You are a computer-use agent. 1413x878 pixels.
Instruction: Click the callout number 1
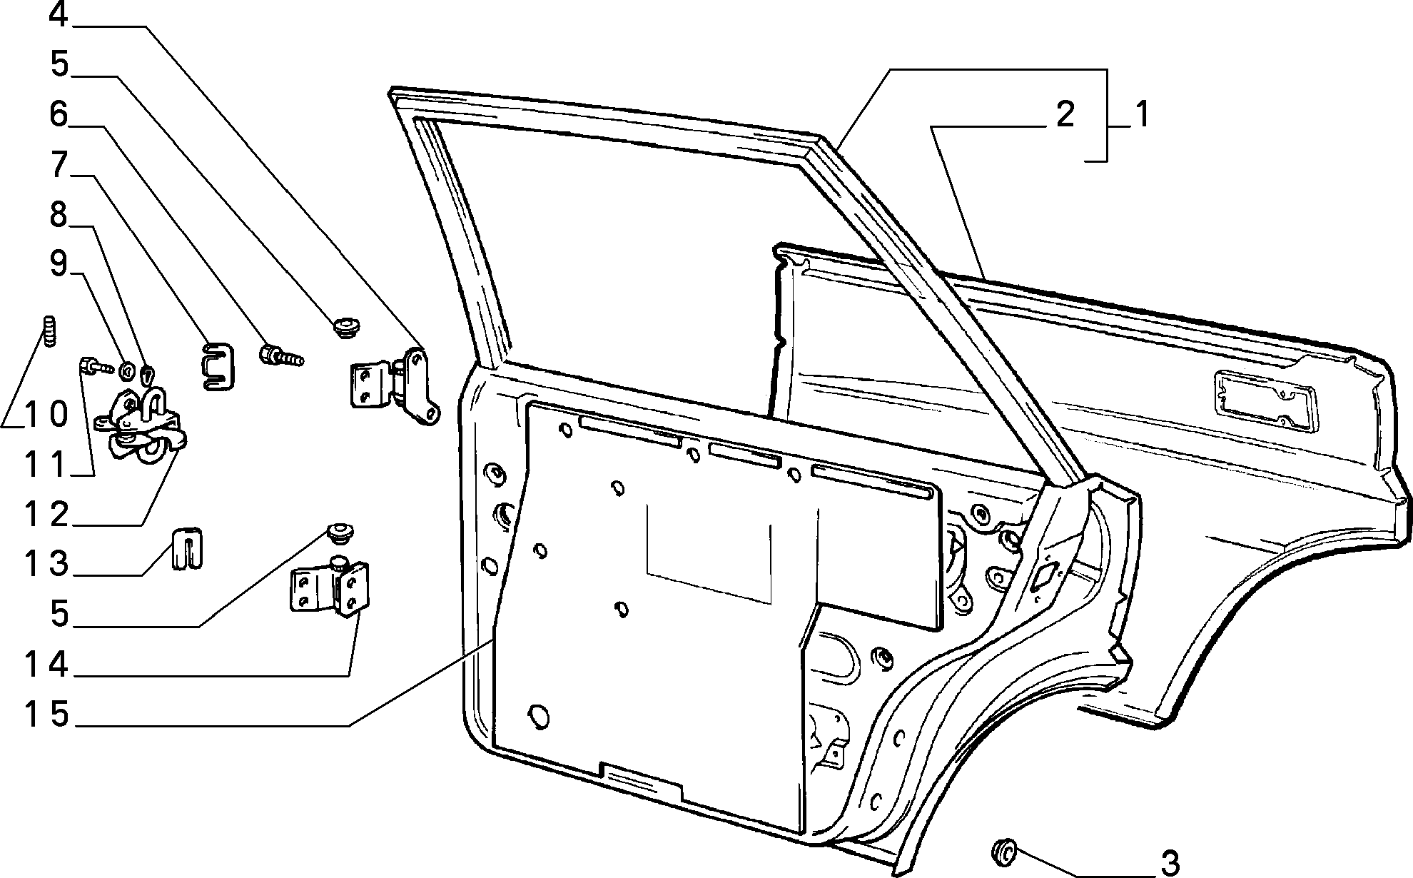coord(1143,115)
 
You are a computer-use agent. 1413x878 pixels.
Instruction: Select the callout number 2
coord(1065,115)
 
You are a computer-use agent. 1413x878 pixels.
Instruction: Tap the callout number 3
coord(1170,863)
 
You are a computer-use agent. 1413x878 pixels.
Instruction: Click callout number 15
coord(47,715)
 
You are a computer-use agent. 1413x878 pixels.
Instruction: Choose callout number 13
coord(47,564)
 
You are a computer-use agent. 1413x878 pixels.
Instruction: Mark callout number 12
coord(47,514)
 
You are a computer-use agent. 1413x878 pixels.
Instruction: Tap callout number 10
coord(47,414)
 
